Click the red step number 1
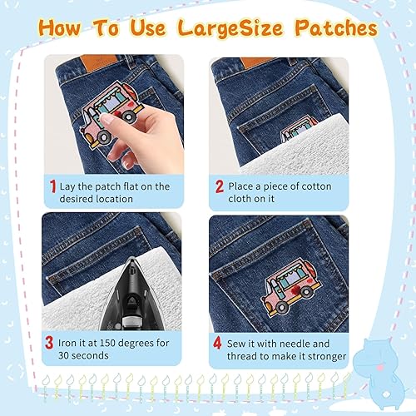pos(52,186)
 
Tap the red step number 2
pos(220,186)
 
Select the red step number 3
pos(49,343)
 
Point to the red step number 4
pos(217,344)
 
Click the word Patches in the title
pos(336,28)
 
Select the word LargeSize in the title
pos(230,29)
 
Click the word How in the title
pos(60,27)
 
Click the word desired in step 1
pos(77,199)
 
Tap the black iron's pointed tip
pos(133,258)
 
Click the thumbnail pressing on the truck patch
pos(107,119)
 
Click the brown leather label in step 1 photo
pos(99,62)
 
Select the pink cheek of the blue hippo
pos(379,368)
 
